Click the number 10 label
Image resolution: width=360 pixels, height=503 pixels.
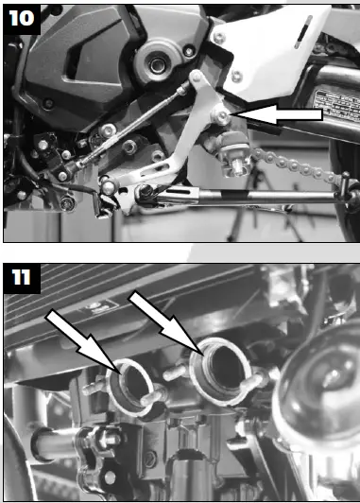pos(21,19)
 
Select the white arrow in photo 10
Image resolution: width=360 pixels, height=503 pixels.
pos(280,114)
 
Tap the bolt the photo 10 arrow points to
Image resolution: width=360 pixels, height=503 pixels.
pos(219,115)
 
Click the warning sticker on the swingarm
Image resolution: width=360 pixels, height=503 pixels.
pos(335,100)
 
